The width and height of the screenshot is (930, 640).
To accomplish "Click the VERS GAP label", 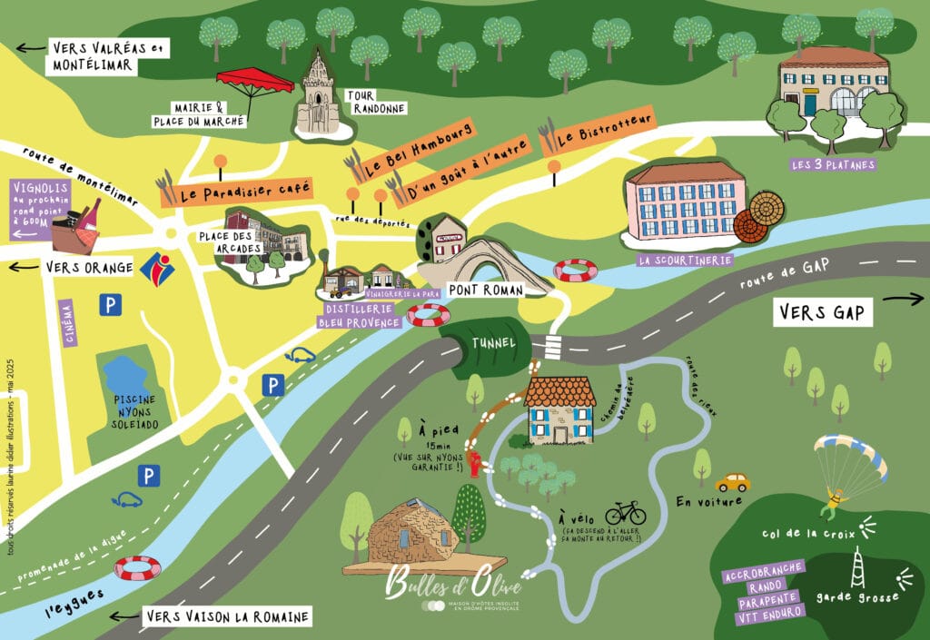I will pyautogui.click(x=823, y=313).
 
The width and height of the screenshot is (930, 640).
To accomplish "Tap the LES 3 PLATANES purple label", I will pyautogui.click(x=833, y=164).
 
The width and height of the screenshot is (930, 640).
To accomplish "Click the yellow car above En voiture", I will pyautogui.click(x=732, y=481).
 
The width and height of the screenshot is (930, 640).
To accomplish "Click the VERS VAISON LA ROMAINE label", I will pyautogui.click(x=227, y=616).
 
